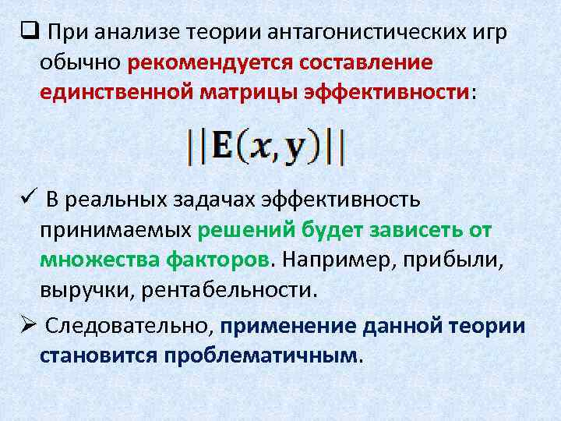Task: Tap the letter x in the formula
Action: point(262,148)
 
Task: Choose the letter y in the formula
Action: point(293,150)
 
